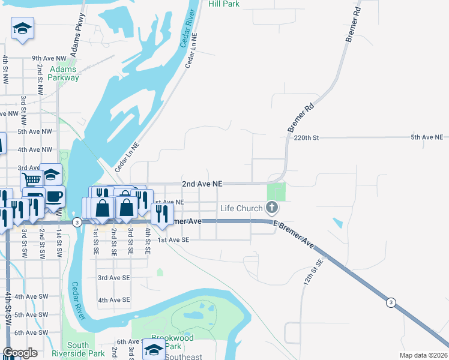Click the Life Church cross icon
(272, 208)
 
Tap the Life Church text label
(241, 209)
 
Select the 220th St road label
(306, 137)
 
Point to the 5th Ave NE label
(426, 137)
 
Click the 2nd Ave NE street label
(202, 184)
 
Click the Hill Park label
(224, 4)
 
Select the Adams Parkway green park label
(64, 73)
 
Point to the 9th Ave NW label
(49, 58)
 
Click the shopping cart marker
(31, 178)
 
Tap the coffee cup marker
(54, 196)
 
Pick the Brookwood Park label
(172, 342)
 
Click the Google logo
(20, 353)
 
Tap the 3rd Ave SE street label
(113, 278)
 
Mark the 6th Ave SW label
(31, 332)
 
